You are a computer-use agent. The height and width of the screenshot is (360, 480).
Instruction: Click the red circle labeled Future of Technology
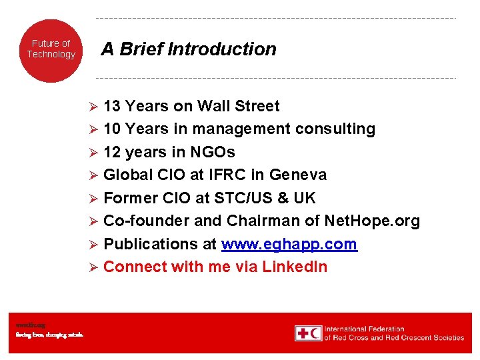click(x=51, y=50)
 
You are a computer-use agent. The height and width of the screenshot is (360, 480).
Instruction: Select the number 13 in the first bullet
click(x=112, y=106)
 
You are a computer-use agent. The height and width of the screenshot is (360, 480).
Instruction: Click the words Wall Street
click(x=239, y=106)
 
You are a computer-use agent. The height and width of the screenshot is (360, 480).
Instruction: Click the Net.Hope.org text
click(x=372, y=221)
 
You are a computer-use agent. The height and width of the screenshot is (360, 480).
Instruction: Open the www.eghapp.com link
click(x=289, y=244)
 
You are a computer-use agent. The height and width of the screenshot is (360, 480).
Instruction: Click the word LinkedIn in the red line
click(x=295, y=267)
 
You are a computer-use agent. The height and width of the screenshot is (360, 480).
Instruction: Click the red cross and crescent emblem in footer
click(x=308, y=333)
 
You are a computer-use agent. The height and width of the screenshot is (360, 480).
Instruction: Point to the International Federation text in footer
click(x=365, y=329)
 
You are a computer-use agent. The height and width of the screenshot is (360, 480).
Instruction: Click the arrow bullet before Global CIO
click(x=94, y=175)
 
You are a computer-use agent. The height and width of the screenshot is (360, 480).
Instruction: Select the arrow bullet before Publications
click(x=94, y=245)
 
